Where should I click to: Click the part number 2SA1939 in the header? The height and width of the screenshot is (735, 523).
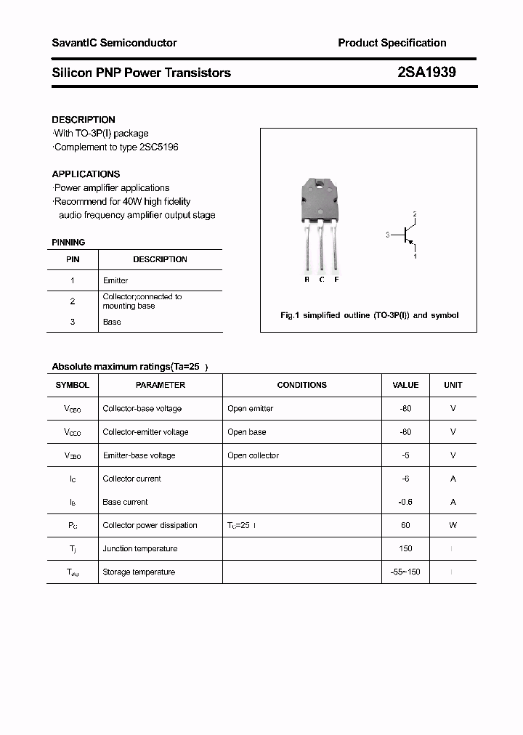[426, 73]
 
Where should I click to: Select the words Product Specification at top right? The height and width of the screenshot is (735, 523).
[392, 43]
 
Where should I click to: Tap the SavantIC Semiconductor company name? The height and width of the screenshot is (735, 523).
[114, 43]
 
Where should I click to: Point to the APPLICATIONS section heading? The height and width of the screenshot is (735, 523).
[86, 174]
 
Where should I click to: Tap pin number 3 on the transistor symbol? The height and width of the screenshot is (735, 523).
[389, 235]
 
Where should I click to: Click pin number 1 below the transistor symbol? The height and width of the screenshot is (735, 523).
[415, 256]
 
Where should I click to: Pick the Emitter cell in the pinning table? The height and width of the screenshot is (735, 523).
[115, 280]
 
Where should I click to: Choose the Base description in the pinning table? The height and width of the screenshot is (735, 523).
[112, 322]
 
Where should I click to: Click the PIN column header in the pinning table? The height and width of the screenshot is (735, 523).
[73, 259]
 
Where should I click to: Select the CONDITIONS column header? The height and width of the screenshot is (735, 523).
[301, 385]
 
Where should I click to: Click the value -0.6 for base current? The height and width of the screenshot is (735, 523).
[405, 502]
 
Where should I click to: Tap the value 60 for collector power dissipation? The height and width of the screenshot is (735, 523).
[405, 525]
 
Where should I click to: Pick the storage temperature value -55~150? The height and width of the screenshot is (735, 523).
[405, 572]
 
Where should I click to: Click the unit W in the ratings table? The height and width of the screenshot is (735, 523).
[453, 525]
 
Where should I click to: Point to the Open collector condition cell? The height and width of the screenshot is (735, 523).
[253, 455]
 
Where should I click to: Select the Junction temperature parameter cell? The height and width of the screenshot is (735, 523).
[139, 548]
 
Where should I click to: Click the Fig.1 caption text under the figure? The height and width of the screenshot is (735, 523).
[369, 315]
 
